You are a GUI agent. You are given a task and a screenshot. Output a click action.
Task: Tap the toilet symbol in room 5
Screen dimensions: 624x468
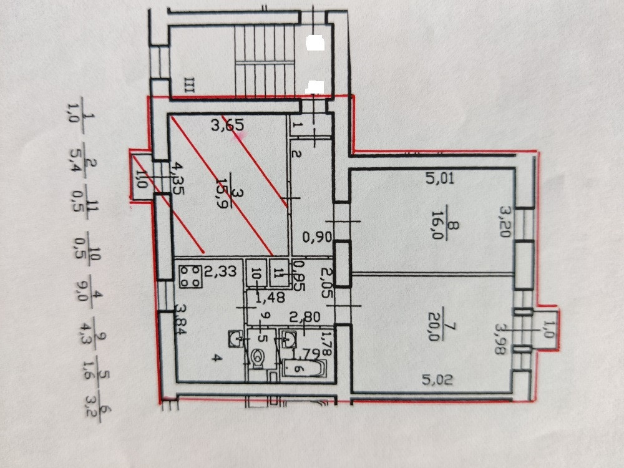point(259,358)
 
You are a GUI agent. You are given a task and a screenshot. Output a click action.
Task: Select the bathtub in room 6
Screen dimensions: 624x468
point(303,368)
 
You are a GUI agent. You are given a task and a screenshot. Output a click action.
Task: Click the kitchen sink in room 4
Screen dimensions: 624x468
point(236,339)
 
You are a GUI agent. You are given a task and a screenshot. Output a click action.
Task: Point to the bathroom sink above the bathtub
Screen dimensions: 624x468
point(289,339)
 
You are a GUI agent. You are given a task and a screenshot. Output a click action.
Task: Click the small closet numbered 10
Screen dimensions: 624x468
point(255,272)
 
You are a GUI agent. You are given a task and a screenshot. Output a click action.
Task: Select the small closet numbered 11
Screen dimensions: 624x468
point(278,272)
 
